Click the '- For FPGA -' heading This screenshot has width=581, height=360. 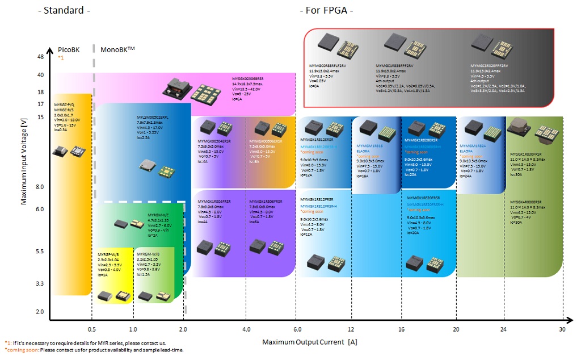(x=326, y=10)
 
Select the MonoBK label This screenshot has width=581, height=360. (x=117, y=49)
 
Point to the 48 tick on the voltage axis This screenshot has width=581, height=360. (x=40, y=57)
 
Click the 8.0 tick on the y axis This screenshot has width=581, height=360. (x=40, y=187)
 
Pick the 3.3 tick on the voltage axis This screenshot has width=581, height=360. (x=40, y=283)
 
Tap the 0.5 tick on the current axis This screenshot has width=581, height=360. (x=91, y=329)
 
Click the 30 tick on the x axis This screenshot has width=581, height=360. (x=562, y=329)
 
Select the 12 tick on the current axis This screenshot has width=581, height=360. (x=352, y=329)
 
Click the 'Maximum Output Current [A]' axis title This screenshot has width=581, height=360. (x=309, y=342)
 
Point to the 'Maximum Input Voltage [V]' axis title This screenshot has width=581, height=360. (x=24, y=162)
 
